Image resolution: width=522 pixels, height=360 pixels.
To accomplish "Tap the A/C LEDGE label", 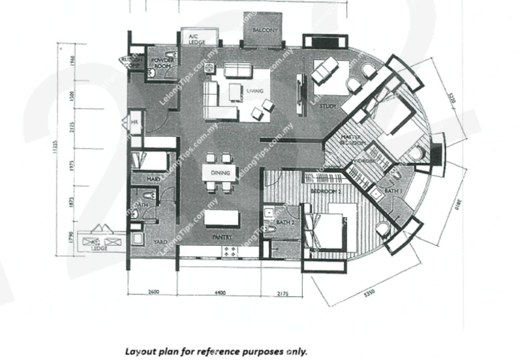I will [x=197, y=39].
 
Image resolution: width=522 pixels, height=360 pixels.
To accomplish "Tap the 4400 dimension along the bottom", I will [x=220, y=293].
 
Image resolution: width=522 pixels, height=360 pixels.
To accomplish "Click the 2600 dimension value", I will [x=154, y=293].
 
